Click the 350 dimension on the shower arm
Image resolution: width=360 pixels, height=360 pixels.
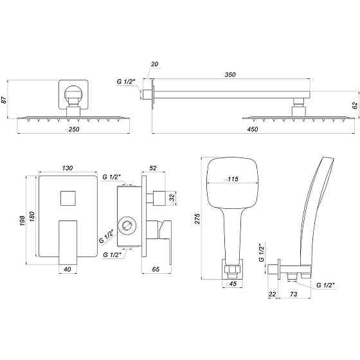pyautogui.click(x=230, y=75)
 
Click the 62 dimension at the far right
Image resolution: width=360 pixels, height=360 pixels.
pyautogui.click(x=354, y=104)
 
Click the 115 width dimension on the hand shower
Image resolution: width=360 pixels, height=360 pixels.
pyautogui.click(x=231, y=179)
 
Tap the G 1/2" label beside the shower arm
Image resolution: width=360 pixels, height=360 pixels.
pyautogui.click(x=126, y=82)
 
